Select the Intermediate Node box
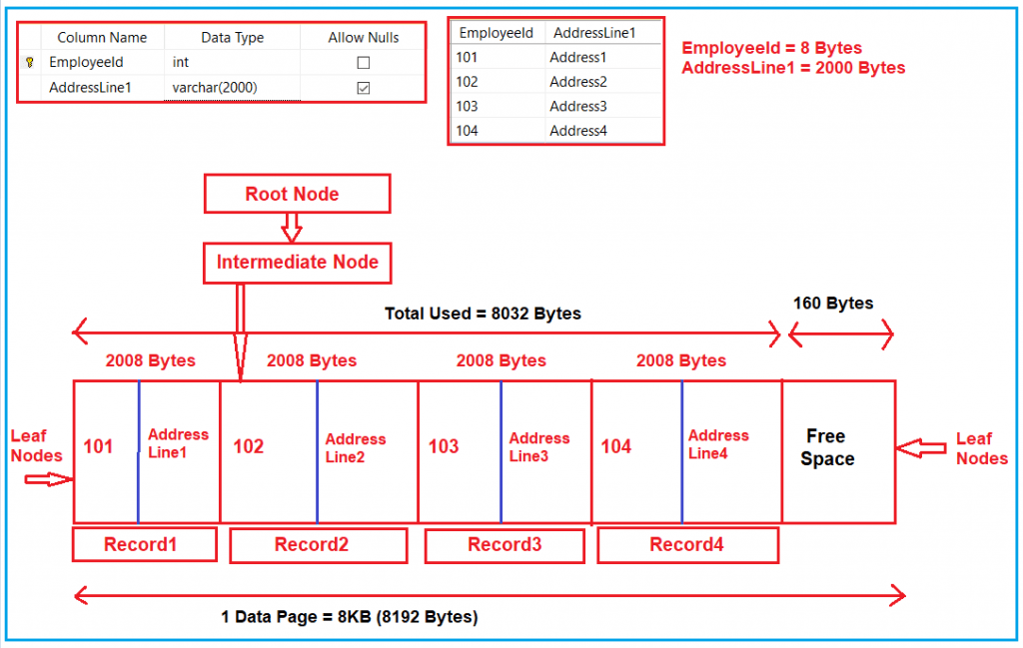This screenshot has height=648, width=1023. pos(298,263)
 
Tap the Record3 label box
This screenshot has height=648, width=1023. pos(505,545)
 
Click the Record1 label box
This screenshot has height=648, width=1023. pos(145,545)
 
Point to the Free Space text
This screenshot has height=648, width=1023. pos(827,448)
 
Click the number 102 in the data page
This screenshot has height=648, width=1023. pos(248,447)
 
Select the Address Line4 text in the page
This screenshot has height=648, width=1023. pos(718,444)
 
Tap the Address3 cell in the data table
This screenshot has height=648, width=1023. pos(577,106)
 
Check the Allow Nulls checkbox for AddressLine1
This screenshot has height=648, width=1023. pos(364,88)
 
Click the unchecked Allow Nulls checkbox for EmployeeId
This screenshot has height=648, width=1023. pos(364,62)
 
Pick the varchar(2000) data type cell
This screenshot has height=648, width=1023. pos(215,88)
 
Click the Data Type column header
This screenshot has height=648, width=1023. pos(232,37)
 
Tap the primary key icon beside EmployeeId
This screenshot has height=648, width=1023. pos(30,62)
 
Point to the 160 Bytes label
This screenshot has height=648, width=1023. pos(833,304)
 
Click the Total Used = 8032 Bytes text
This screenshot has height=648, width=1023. pos(483,314)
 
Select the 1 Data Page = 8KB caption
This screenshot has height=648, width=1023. pos(350,617)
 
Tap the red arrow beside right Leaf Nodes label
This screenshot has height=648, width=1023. pos(922,450)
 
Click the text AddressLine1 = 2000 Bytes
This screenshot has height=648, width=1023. pos(793,68)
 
